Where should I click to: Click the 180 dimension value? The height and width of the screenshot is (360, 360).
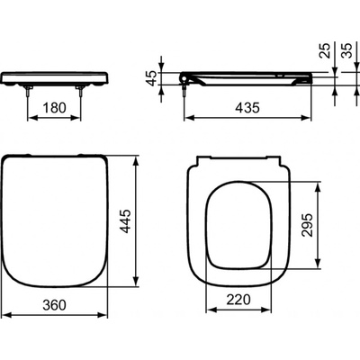click(x=56, y=107)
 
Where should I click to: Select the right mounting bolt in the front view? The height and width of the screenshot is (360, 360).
click(x=85, y=88)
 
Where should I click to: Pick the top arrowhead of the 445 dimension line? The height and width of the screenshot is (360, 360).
click(x=137, y=163)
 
